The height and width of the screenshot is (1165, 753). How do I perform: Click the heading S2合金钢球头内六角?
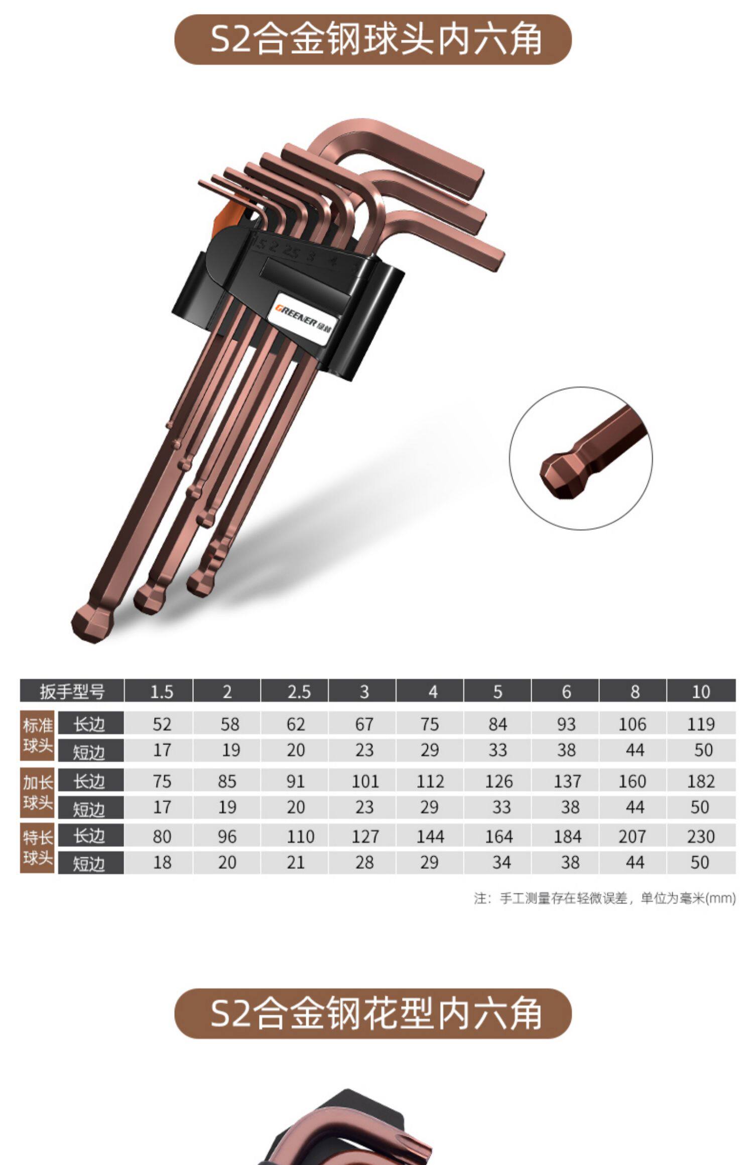tap(373, 39)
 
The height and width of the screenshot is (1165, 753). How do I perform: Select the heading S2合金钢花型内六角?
tap(373, 1013)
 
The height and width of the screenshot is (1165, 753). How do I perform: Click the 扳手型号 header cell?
tap(72, 691)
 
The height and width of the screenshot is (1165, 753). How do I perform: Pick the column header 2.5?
tap(295, 691)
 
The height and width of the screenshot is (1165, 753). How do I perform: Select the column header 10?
tap(701, 691)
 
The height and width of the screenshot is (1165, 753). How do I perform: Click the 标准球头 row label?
tap(37, 736)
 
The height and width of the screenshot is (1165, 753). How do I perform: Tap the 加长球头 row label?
tap(37, 793)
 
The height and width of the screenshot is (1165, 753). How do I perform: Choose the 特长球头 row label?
tap(37, 848)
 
